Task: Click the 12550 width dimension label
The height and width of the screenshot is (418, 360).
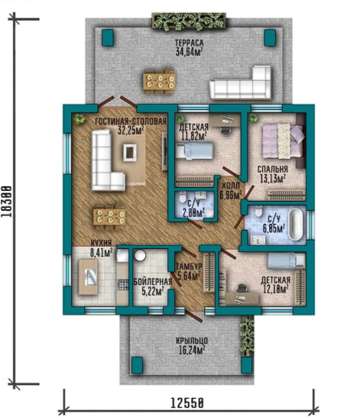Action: (x=186, y=403)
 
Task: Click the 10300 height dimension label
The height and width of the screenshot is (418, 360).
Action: (x=7, y=201)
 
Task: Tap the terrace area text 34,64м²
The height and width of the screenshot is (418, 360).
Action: (x=189, y=52)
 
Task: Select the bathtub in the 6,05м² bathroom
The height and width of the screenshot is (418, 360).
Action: (x=296, y=225)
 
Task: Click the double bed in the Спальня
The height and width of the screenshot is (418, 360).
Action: (x=283, y=141)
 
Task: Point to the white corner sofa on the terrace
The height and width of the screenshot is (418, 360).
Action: (x=241, y=83)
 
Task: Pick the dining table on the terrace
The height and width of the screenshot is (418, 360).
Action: (x=159, y=81)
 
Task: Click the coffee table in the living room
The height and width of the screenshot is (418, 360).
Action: (x=130, y=152)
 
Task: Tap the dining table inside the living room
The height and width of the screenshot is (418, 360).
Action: (x=109, y=217)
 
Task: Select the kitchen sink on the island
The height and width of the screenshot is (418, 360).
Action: (x=90, y=277)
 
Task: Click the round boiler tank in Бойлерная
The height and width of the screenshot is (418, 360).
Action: (x=139, y=255)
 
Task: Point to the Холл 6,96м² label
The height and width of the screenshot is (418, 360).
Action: (x=230, y=191)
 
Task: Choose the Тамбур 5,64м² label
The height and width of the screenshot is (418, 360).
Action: (x=188, y=271)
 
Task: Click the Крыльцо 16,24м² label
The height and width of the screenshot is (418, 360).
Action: (x=192, y=345)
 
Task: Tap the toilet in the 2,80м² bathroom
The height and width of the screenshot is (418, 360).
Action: (x=183, y=197)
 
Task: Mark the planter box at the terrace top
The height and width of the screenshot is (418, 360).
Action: (x=189, y=21)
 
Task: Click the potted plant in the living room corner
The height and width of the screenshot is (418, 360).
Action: (x=79, y=118)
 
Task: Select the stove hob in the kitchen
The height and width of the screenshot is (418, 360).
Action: (x=122, y=284)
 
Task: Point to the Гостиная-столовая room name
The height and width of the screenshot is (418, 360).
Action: (x=131, y=122)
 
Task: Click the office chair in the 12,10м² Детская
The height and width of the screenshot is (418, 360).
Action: (x=242, y=289)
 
